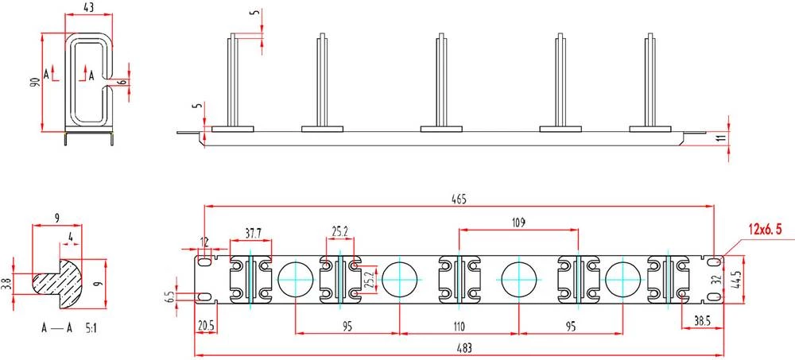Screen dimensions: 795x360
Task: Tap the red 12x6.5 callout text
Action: point(765,229)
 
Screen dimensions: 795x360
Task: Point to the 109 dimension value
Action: point(518,222)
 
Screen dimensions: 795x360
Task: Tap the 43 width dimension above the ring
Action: point(89,7)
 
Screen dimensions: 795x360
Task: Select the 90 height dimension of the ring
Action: point(34,82)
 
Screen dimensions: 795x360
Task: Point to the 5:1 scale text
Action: point(91,328)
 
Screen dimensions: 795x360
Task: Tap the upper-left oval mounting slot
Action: point(205,262)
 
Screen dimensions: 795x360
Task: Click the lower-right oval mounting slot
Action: point(714,296)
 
